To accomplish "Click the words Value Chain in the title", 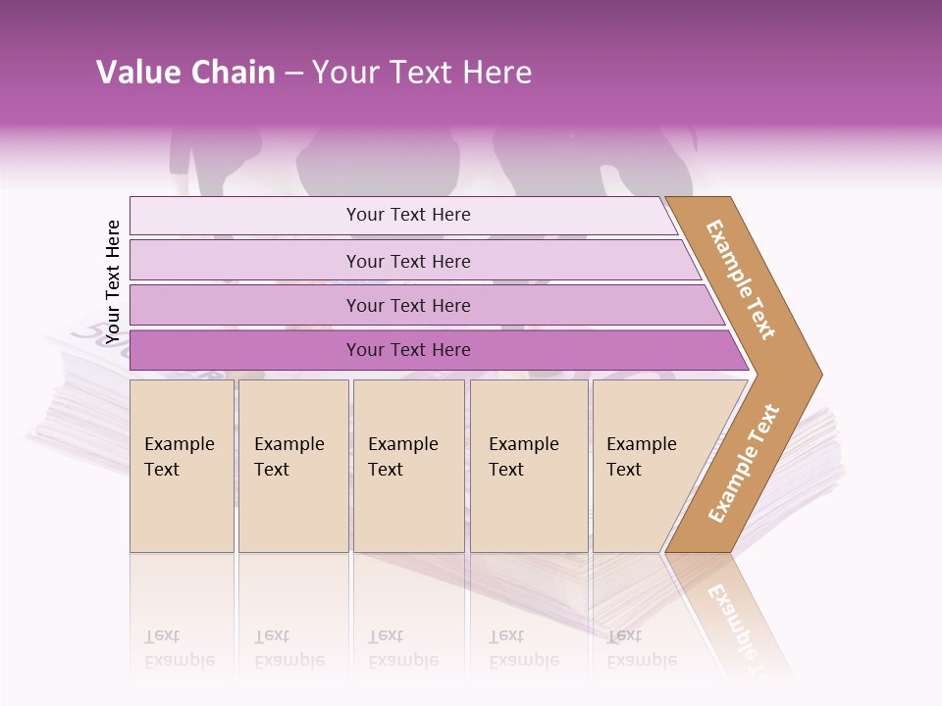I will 185,73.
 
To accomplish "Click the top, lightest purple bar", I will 245,216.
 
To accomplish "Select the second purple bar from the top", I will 245,261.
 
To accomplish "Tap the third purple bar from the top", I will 245,305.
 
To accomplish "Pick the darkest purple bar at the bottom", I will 245,350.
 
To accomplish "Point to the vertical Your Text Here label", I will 113,281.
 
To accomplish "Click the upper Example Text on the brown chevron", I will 741,279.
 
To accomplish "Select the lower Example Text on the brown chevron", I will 744,464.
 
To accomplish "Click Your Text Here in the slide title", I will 422,73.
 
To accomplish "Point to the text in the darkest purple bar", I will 408,350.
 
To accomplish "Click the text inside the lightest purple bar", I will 408,215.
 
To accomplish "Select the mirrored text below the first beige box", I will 179,648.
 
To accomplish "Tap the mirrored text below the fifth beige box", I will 641,648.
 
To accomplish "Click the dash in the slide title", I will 293,74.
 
